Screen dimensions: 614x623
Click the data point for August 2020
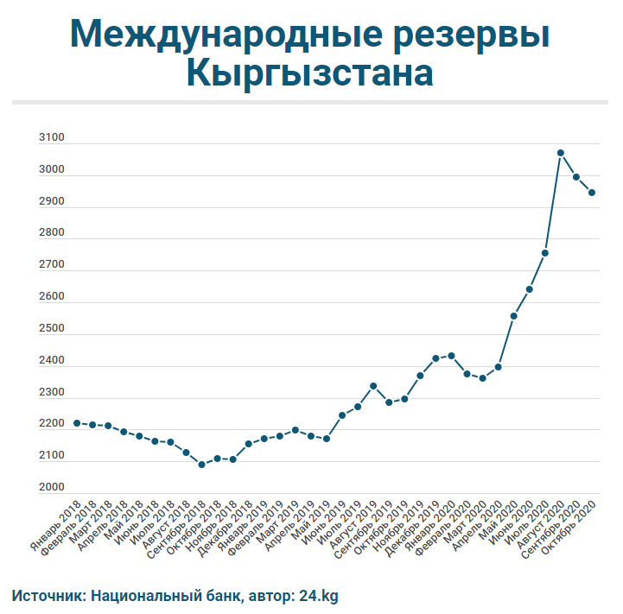(561, 153)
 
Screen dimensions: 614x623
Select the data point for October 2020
(592, 193)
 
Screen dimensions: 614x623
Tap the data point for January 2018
(77, 423)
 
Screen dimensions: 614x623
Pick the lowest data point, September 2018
(201, 465)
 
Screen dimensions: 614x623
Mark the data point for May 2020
(513, 316)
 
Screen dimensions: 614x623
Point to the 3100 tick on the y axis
(53, 138)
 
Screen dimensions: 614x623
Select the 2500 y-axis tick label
(53, 329)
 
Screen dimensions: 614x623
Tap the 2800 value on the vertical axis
(53, 233)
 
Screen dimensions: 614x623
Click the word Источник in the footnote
(47, 595)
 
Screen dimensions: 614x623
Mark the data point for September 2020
(576, 177)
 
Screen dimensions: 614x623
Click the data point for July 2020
(545, 253)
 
